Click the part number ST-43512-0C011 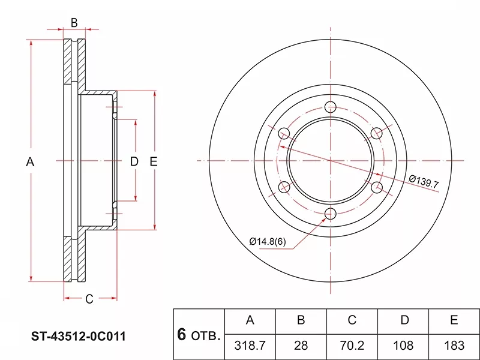pyautogui.click(x=78, y=336)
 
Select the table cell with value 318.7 pyautogui.click(x=250, y=345)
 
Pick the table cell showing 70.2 pyautogui.click(x=352, y=345)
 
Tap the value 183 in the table pyautogui.click(x=454, y=345)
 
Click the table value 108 pyautogui.click(x=403, y=345)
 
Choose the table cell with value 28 pyautogui.click(x=301, y=345)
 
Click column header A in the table pyautogui.click(x=250, y=320)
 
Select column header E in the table pyautogui.click(x=454, y=320)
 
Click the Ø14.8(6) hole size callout pyautogui.click(x=268, y=241)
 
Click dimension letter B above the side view pyautogui.click(x=74, y=23)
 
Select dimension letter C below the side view pyautogui.click(x=89, y=299)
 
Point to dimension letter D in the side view pyautogui.click(x=134, y=161)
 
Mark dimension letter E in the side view pyautogui.click(x=154, y=161)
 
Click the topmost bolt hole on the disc pyautogui.click(x=330, y=107)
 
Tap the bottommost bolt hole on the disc pyautogui.click(x=330, y=214)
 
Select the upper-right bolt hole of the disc pyautogui.click(x=376, y=133)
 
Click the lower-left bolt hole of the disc pyautogui.click(x=284, y=188)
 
